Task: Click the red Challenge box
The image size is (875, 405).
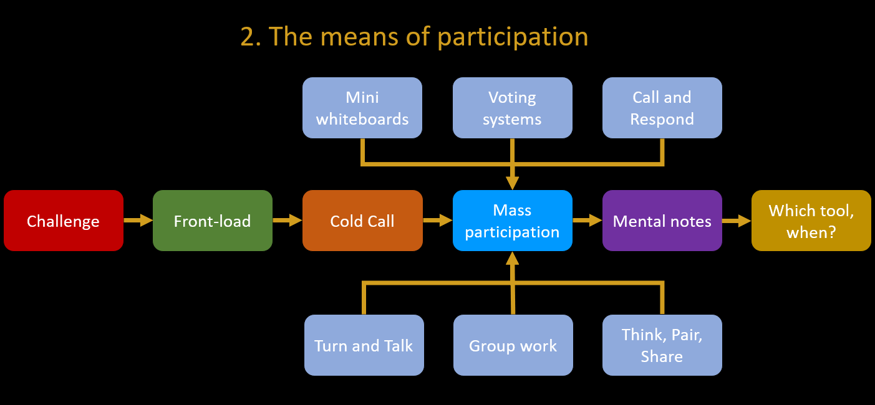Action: [64, 221]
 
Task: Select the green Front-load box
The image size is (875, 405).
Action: [213, 221]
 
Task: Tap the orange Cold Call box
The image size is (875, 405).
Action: [362, 221]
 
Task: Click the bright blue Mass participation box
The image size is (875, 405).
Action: [513, 221]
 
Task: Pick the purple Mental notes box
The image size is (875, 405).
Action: [662, 221]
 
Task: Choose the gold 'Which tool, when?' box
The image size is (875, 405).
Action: [811, 221]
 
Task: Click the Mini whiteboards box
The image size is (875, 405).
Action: [362, 108]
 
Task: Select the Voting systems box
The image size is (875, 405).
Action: [513, 108]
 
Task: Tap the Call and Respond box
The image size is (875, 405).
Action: [662, 108]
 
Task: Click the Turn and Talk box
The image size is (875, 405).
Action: [364, 345]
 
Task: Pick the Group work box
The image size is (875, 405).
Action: [513, 345]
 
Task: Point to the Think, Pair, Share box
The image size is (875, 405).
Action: [662, 345]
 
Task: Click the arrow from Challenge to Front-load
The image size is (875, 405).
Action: [138, 221]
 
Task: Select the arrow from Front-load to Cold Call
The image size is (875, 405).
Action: [288, 221]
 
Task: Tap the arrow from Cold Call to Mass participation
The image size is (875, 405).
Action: [438, 221]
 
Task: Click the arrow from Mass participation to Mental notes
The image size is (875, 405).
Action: [587, 221]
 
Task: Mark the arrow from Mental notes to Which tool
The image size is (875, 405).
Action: [737, 221]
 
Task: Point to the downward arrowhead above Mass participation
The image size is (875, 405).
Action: [513, 183]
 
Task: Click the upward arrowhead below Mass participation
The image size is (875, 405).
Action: [513, 259]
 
